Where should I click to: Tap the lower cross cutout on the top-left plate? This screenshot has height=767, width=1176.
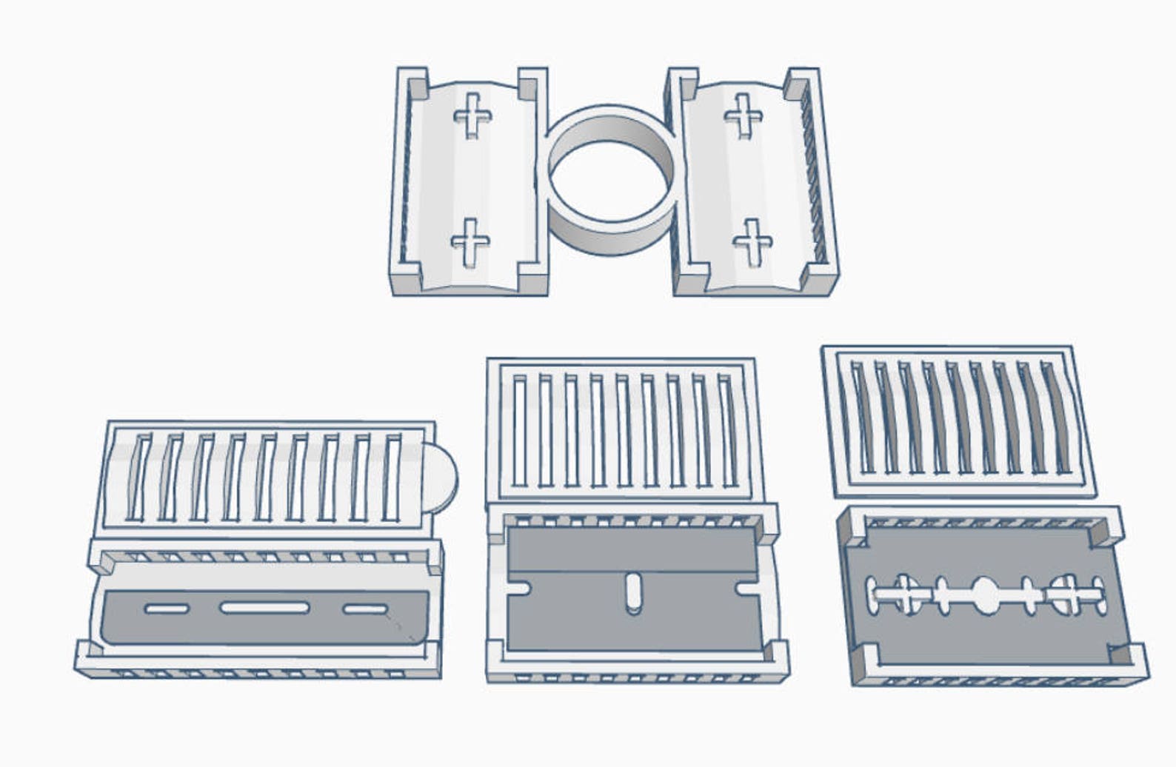tap(470, 242)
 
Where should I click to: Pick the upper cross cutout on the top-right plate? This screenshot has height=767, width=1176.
tap(744, 115)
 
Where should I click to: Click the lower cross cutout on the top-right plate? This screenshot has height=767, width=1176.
tap(753, 242)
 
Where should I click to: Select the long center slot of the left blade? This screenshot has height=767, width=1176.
tap(264, 608)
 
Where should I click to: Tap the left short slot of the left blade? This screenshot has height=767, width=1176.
tap(167, 609)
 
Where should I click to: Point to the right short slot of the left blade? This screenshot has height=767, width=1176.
tap(365, 609)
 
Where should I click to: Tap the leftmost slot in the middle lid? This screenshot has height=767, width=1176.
tap(519, 431)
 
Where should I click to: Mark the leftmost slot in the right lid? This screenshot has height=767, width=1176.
tap(863, 416)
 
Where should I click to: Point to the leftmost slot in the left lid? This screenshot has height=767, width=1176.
tap(138, 477)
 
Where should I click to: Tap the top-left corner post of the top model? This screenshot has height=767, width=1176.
tap(412, 83)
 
